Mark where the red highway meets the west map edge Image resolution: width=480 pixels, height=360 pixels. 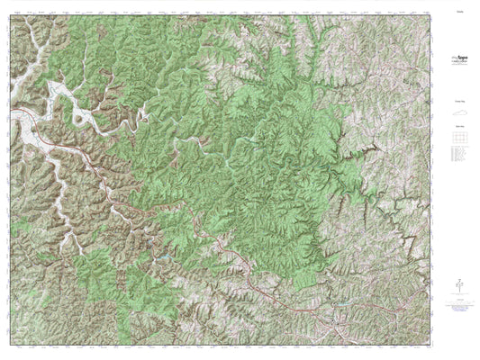point(11,112)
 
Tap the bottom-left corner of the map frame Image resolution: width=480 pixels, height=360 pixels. point(10,345)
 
